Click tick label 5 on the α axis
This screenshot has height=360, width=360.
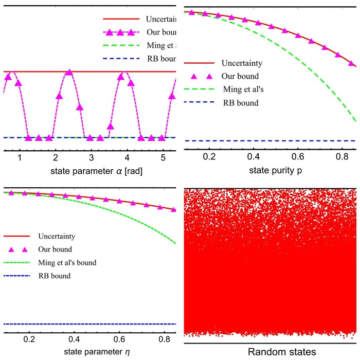(163, 157)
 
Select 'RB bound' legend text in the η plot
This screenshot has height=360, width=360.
(54, 276)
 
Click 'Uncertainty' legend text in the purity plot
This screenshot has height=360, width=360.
(242, 63)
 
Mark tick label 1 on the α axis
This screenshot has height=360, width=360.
(20, 157)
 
